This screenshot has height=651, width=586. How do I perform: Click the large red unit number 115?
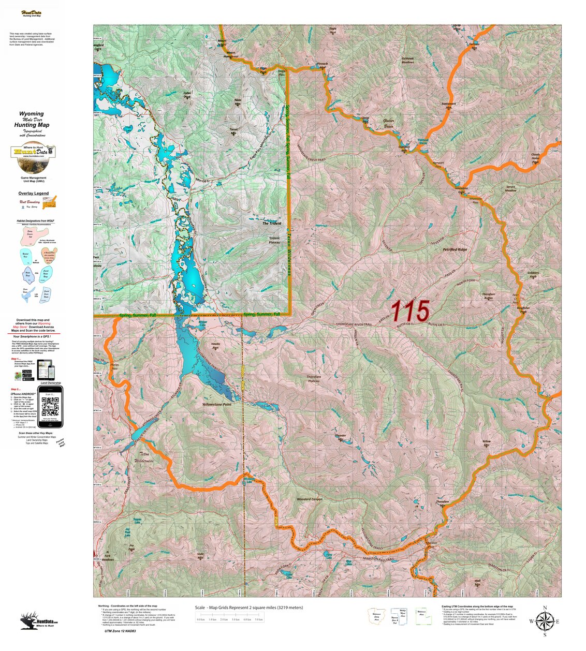[410, 311]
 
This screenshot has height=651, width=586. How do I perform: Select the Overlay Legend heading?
[34, 194]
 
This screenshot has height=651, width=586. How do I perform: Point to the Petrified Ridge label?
[455, 249]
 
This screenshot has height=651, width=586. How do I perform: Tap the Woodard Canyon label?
[310, 499]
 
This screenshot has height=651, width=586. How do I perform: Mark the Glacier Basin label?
[388, 123]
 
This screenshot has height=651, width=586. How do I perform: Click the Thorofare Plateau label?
[314, 379]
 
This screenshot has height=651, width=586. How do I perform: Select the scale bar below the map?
[230, 619]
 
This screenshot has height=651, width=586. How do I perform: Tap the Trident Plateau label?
[274, 241]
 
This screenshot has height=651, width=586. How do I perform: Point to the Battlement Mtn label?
[448, 105]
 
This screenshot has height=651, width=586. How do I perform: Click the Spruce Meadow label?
[510, 188]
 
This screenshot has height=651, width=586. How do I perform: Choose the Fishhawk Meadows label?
[408, 60]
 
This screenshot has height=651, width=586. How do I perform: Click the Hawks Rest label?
[215, 345]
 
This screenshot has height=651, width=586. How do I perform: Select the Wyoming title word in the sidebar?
[32, 114]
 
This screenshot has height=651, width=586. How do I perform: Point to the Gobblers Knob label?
[533, 274]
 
